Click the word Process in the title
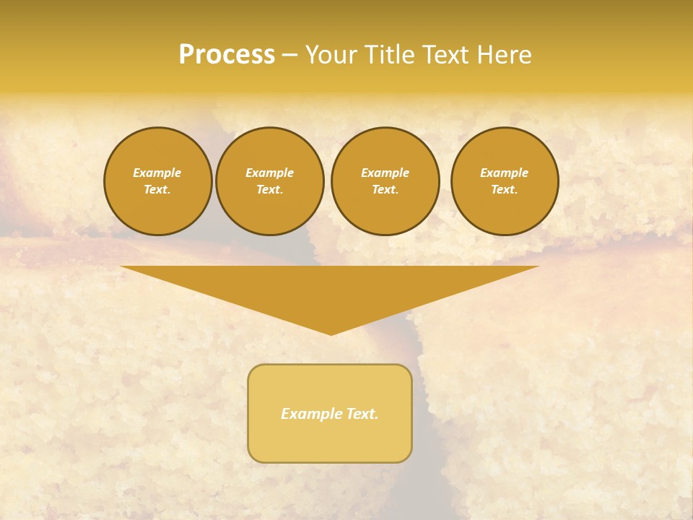click(x=227, y=55)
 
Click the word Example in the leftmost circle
click(x=157, y=173)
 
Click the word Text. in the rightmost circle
click(x=505, y=189)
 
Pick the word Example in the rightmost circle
click(x=505, y=173)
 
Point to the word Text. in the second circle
click(x=270, y=189)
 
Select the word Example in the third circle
click(x=385, y=173)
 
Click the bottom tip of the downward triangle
click(x=331, y=334)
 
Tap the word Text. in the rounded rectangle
click(x=362, y=414)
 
